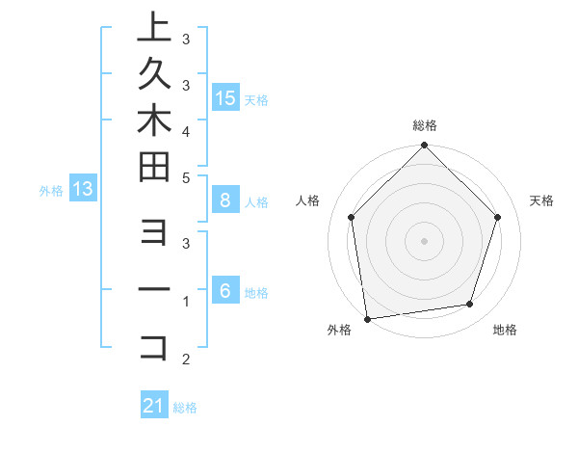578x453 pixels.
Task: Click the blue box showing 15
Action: pos(225,97)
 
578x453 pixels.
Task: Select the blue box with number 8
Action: pos(225,200)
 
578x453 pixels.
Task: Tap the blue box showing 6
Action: pos(225,291)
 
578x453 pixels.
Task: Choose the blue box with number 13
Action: pos(83,189)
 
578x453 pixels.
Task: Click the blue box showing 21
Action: pos(154,406)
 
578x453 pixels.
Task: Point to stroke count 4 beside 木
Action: pos(185,130)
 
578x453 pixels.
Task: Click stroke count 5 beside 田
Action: pos(185,176)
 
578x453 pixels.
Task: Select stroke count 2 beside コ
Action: pos(185,360)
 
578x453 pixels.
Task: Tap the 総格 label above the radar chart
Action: pos(425,125)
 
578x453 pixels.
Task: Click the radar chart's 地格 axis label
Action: pos(505,331)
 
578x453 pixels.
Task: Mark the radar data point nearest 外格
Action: pos(367,319)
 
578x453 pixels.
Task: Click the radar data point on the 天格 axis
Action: pos(498,217)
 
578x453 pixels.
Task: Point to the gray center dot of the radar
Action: pos(425,240)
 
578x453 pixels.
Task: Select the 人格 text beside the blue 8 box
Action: pos(256,202)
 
